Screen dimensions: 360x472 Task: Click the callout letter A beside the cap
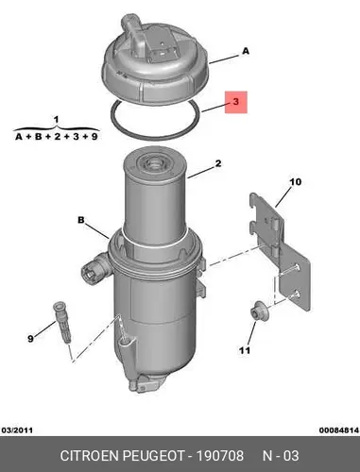coord(246,51)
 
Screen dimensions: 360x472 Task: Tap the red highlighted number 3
coord(236,102)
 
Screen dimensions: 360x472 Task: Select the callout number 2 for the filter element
coord(218,163)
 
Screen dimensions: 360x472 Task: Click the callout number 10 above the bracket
coord(296,182)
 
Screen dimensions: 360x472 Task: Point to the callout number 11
coord(245,350)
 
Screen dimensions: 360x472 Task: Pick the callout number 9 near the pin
coord(30,339)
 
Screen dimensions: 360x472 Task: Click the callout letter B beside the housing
coord(81,220)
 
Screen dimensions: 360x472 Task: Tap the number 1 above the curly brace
coord(56,120)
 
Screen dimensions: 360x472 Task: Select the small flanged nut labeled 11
coord(259,311)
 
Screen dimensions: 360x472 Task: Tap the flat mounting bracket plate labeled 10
coord(280,251)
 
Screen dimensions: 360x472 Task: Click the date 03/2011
coord(17,430)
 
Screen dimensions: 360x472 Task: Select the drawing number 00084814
coord(339,430)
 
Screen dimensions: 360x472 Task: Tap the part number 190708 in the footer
coord(220,456)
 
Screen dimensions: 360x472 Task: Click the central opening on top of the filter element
coord(154,163)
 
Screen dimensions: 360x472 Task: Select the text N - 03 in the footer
coord(281,456)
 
